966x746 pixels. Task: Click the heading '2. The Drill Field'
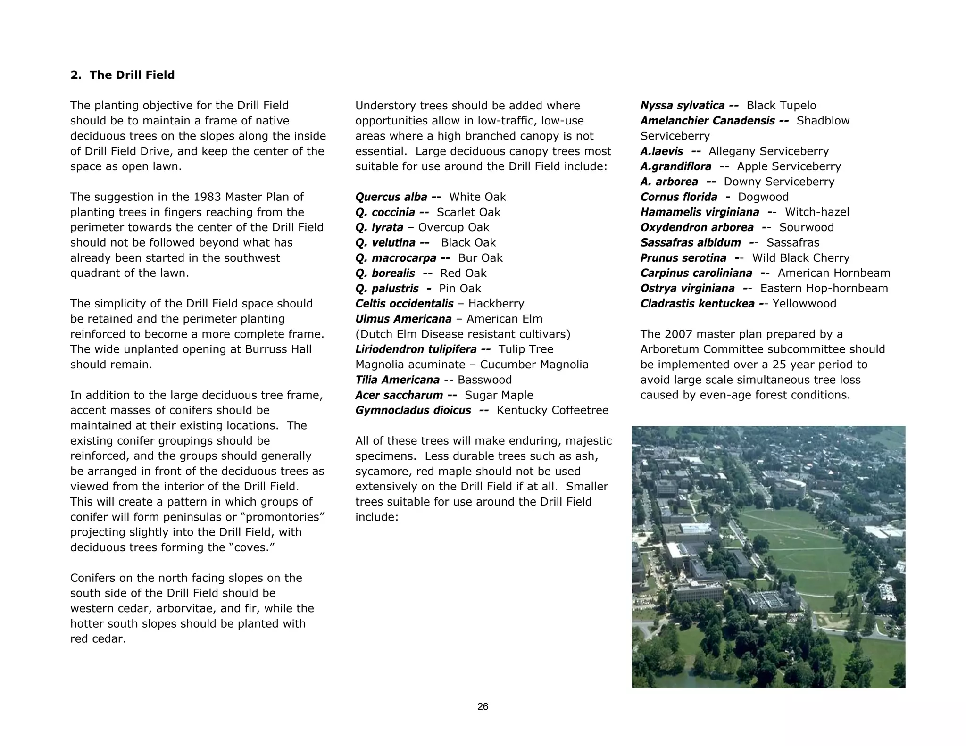[122, 75]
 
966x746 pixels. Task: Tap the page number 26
[483, 706]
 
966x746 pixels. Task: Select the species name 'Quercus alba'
[391, 197]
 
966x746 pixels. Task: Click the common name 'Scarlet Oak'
[468, 212]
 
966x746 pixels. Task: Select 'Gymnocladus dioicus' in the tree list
[413, 410]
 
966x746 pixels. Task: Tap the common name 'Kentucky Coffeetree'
[552, 410]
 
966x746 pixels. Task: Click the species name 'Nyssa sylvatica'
[682, 106]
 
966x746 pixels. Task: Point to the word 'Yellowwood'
[804, 304]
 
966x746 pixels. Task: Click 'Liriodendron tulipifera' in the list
[416, 349]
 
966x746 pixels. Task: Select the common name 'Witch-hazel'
[817, 212]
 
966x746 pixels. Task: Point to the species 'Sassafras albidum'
[691, 243]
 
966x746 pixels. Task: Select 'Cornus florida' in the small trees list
[679, 197]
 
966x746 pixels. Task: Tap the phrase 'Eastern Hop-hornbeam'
[824, 289]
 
